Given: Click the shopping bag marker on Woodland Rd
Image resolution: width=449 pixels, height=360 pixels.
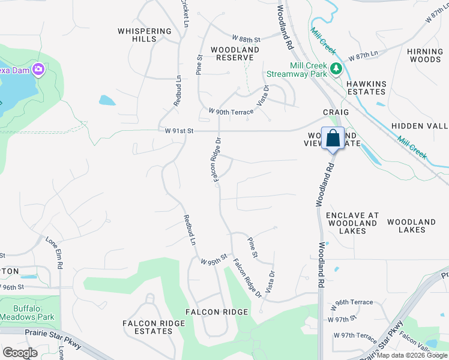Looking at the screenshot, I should tap(333, 139).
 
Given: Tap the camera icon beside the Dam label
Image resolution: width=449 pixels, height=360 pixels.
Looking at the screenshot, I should tap(39, 70).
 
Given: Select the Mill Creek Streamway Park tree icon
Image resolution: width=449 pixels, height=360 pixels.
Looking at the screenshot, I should tap(336, 69).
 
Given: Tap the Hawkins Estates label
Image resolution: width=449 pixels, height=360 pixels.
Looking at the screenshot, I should tap(366, 88).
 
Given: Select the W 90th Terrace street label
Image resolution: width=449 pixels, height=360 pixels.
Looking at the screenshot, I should tap(231, 112).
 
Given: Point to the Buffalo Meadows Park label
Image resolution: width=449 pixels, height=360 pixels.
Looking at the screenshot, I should tap(34, 313).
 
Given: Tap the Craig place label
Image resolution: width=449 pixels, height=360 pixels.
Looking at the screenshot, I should tap(336, 112).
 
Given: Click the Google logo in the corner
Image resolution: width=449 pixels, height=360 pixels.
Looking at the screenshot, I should tap(20, 353).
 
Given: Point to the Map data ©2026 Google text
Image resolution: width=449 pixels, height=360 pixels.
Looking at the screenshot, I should tap(412, 355).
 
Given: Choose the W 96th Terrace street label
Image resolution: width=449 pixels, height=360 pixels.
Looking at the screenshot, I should tap(354, 302).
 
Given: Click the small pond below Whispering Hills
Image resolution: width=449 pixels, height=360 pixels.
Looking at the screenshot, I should tap(107, 100).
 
